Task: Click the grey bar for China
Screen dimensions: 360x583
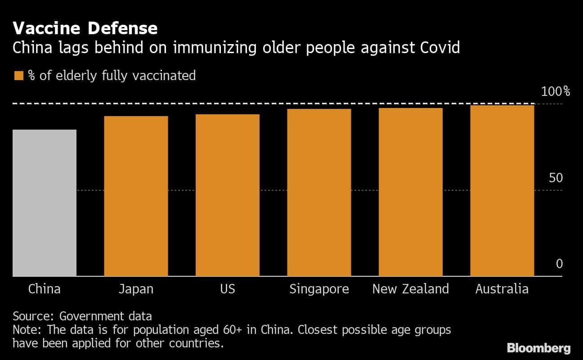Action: pos(45,202)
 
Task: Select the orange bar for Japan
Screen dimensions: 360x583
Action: pos(136,196)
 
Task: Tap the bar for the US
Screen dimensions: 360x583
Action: pos(228,195)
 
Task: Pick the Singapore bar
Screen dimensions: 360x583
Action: pos(319,192)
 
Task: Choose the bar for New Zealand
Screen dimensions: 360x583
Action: pos(411,192)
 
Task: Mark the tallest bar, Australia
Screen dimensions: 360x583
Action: pos(502,190)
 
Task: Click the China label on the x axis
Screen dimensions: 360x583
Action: pos(45,288)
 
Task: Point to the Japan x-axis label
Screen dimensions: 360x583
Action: pos(136,288)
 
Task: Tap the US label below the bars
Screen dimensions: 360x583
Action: pos(228,288)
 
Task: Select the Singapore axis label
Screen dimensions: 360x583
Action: pos(319,289)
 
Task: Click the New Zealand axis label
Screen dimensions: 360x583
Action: pos(411,288)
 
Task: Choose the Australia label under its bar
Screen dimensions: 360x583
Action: pos(502,288)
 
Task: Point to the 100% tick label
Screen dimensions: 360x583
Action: pos(555,92)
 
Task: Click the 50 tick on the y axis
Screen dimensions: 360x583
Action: pos(556,178)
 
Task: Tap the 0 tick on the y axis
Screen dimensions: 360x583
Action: pos(559,264)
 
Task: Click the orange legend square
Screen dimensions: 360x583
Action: pos(18,75)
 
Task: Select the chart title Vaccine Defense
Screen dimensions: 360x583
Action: pos(85,28)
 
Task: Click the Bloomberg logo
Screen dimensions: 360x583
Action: pos(538,348)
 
